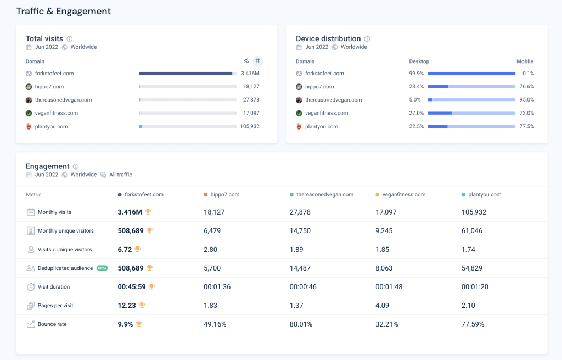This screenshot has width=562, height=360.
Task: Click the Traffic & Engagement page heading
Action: pyautogui.click(x=63, y=11)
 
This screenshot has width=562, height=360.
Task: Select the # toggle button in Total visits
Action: pyautogui.click(x=258, y=61)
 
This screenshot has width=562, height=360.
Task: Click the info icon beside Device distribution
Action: pyautogui.click(x=367, y=39)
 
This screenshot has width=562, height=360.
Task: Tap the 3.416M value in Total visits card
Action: pyautogui.click(x=250, y=74)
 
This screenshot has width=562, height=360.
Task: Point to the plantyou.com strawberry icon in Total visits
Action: pyautogui.click(x=29, y=126)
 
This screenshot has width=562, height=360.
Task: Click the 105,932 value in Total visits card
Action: pyautogui.click(x=250, y=126)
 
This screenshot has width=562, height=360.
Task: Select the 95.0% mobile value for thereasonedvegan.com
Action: pyautogui.click(x=526, y=100)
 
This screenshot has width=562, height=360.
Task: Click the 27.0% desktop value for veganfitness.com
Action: pyautogui.click(x=416, y=113)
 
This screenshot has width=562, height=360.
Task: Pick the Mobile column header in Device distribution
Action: pyautogui.click(x=525, y=61)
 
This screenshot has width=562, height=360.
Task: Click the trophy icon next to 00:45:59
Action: pyautogui.click(x=151, y=286)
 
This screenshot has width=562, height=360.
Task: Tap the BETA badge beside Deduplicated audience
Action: pyautogui.click(x=102, y=268)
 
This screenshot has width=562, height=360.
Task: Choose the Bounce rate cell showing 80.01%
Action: pyautogui.click(x=301, y=324)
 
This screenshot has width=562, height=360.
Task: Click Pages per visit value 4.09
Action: pyautogui.click(x=383, y=306)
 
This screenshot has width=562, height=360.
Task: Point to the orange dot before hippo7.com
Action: pyautogui.click(x=205, y=195)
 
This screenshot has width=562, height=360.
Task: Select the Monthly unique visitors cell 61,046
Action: pyautogui.click(x=472, y=231)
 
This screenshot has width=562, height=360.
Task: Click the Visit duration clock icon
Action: pyautogui.click(x=31, y=287)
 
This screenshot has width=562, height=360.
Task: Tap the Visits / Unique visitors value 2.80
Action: pyautogui.click(x=210, y=250)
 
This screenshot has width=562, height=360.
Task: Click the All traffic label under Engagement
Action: pyautogui.click(x=120, y=175)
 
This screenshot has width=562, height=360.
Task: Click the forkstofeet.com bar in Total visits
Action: pyautogui.click(x=186, y=74)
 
